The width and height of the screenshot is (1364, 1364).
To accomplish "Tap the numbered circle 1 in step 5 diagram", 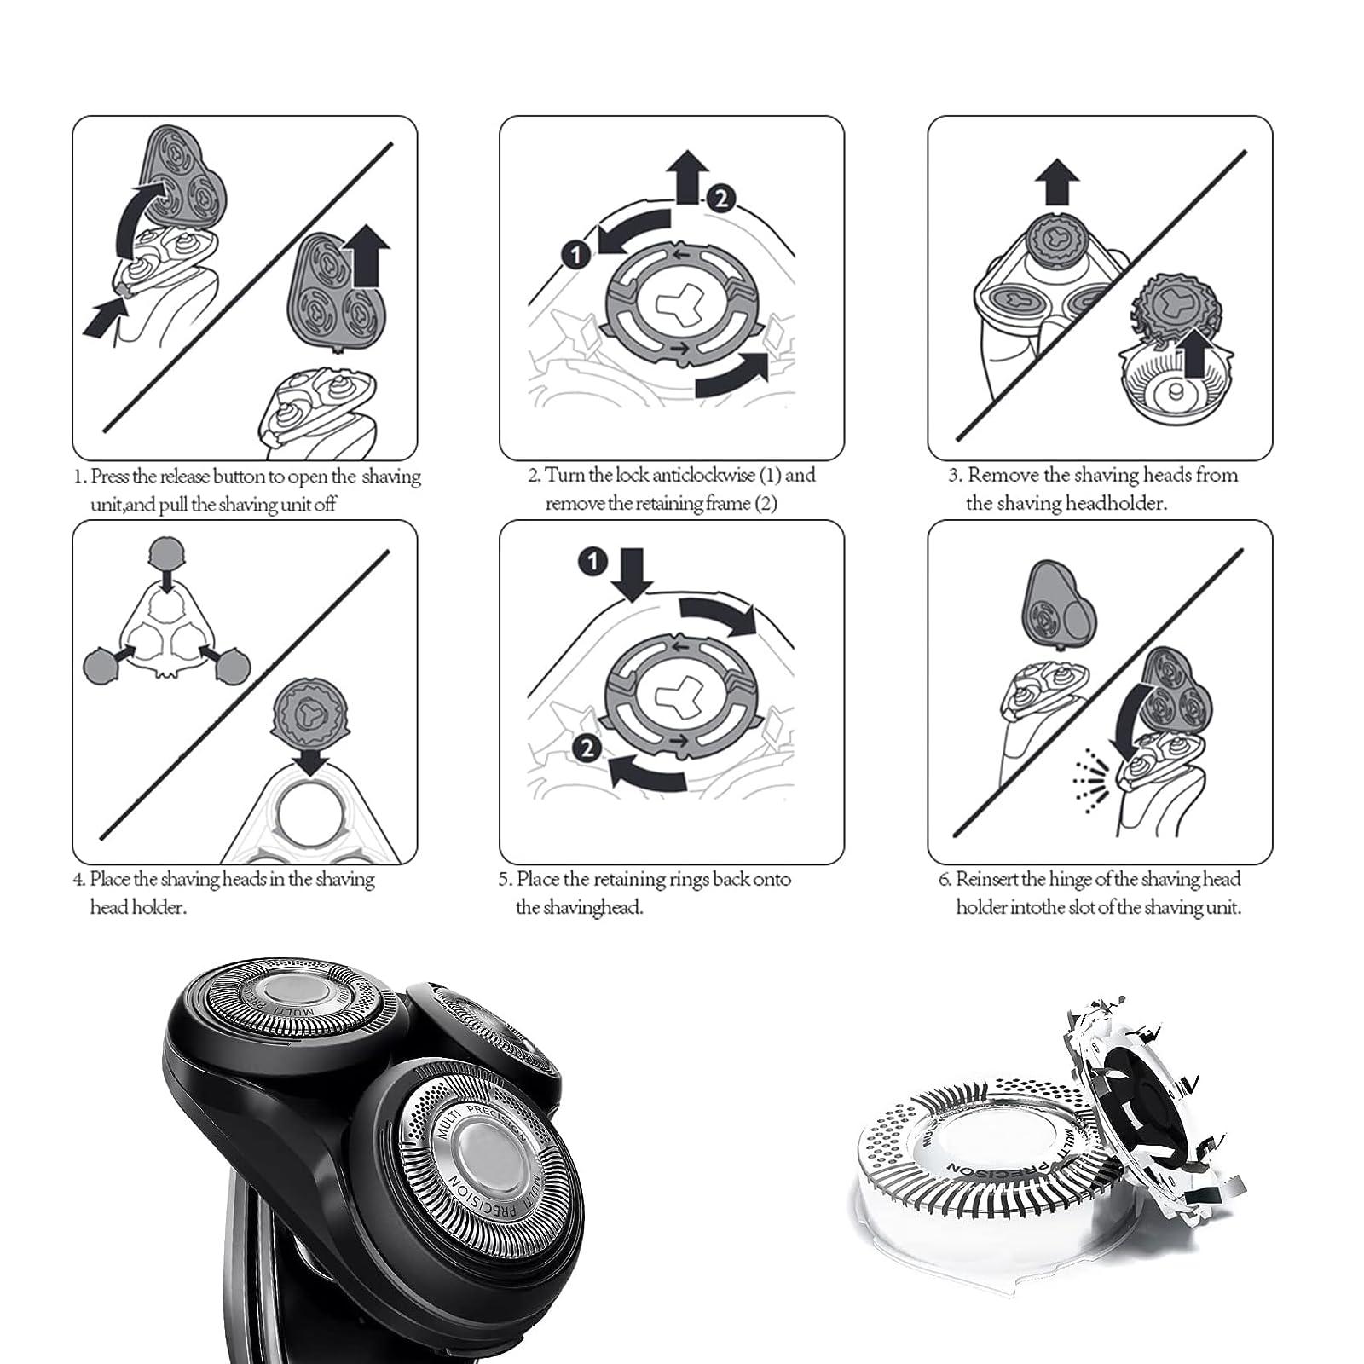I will [592, 561].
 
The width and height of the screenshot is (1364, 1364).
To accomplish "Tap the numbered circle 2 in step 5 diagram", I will [587, 748].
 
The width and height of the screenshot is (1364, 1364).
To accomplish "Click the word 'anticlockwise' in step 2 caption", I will [703, 475].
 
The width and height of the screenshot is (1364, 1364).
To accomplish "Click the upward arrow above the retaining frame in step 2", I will [687, 176].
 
